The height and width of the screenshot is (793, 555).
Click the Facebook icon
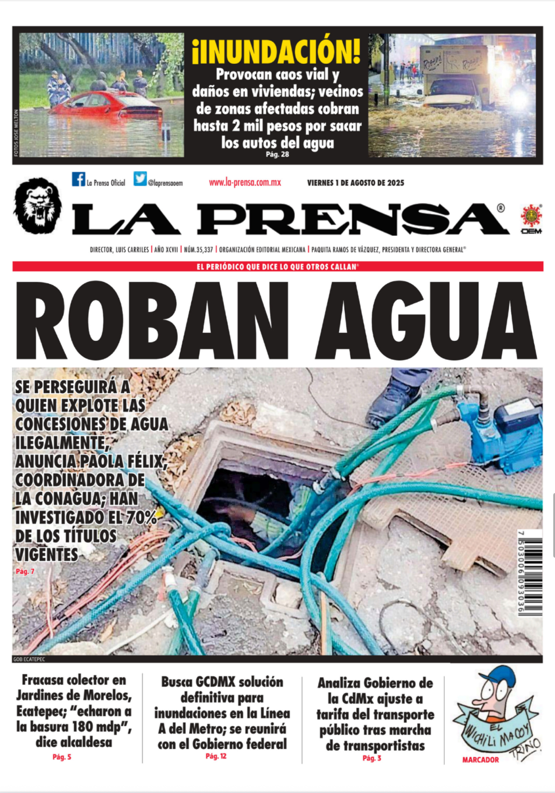[x=78, y=179]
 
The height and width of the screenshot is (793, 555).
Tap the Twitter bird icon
[x=140, y=179]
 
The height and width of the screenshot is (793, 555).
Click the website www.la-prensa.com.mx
[x=245, y=183]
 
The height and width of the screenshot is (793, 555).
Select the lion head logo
[x=38, y=205]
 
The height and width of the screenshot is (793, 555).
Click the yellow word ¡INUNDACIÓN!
[x=276, y=51]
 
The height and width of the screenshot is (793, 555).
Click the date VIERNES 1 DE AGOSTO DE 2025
[x=355, y=183]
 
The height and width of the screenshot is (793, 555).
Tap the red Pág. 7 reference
[x=25, y=571]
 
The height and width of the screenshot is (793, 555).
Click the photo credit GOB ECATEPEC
[x=29, y=659]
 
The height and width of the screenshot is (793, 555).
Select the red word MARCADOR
[x=480, y=760]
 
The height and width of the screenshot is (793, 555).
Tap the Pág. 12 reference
[x=216, y=756]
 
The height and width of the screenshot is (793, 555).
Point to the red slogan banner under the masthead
[x=278, y=267]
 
